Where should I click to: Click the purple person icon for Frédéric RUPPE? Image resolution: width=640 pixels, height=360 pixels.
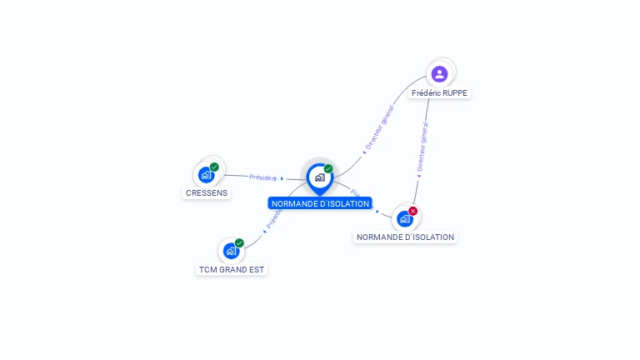pyautogui.click(x=440, y=73)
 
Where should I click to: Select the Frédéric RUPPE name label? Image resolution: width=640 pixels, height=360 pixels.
pyautogui.click(x=439, y=93)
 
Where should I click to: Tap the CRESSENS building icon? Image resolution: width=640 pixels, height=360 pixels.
pyautogui.click(x=206, y=175)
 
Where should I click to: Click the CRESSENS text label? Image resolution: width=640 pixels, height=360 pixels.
pyautogui.click(x=206, y=193)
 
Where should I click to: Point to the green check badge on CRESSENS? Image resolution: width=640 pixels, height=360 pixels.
pyautogui.click(x=214, y=167)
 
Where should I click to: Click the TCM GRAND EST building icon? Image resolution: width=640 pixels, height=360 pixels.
pyautogui.click(x=231, y=251)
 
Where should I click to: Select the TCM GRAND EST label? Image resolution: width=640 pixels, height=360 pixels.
pyautogui.click(x=232, y=270)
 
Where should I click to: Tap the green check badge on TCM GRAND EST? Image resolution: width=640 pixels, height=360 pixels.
pyautogui.click(x=239, y=243)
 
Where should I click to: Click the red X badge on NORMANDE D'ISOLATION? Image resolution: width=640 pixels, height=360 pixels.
pyautogui.click(x=412, y=211)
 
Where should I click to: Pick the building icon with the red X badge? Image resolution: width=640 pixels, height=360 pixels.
pyautogui.click(x=405, y=218)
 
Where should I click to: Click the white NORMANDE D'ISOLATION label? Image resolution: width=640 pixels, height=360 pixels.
pyautogui.click(x=405, y=237)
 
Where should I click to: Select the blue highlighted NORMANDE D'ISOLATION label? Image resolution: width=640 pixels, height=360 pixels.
pyautogui.click(x=320, y=204)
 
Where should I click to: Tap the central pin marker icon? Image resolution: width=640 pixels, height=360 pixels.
pyautogui.click(x=319, y=177)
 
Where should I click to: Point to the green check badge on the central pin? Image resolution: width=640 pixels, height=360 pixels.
pyautogui.click(x=328, y=169)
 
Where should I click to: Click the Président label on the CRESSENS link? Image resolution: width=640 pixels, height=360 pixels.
pyautogui.click(x=262, y=177)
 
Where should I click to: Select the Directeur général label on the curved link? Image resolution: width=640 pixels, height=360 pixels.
pyautogui.click(x=381, y=128)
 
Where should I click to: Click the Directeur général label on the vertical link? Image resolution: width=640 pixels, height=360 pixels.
pyautogui.click(x=422, y=147)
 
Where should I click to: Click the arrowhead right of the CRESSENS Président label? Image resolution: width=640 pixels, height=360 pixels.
pyautogui.click(x=282, y=178)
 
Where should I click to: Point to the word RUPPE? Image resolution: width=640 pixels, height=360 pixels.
pyautogui.click(x=454, y=93)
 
